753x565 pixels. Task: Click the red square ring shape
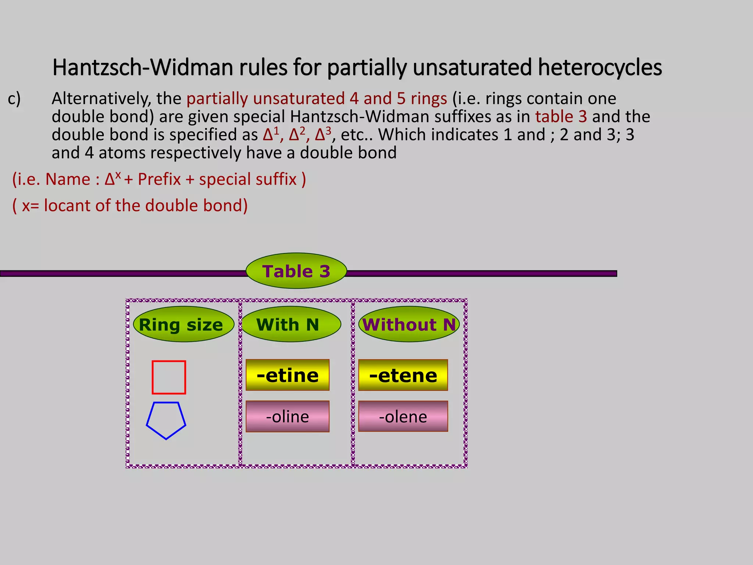(169, 377)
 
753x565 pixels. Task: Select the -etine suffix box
(288, 375)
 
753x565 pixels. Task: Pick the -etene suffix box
(403, 375)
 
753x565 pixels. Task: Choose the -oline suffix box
(288, 416)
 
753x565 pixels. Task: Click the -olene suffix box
(403, 416)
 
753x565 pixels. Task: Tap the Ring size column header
(183, 324)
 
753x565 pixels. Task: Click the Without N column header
(409, 324)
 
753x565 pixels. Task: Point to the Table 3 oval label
(296, 271)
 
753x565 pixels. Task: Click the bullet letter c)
(14, 99)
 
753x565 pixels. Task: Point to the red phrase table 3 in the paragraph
(561, 117)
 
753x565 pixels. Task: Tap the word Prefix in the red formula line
(159, 180)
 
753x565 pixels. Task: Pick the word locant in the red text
(67, 206)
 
